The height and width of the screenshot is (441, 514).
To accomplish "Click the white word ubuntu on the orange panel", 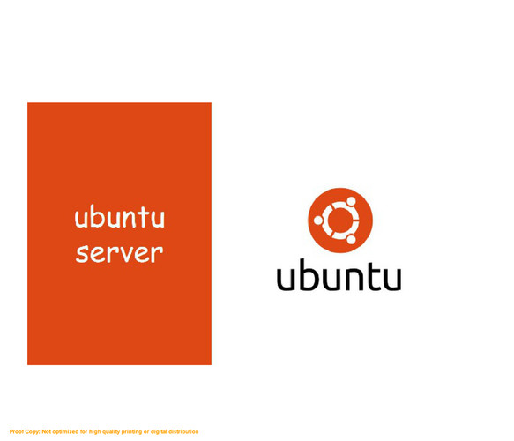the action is pyautogui.click(x=119, y=216).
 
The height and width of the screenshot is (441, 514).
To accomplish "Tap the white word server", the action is pyautogui.click(x=119, y=253).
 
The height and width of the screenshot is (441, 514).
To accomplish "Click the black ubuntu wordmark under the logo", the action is pyautogui.click(x=339, y=275).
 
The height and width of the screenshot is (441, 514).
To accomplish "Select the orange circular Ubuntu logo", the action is pyautogui.click(x=340, y=220).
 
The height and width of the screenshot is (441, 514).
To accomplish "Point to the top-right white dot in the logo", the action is pyautogui.click(x=351, y=201).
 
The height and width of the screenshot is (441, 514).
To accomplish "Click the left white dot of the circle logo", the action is pyautogui.click(x=318, y=220).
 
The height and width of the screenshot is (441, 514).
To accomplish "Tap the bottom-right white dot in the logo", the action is pyautogui.click(x=351, y=239).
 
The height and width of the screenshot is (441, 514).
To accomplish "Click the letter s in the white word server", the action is pyautogui.click(x=81, y=254).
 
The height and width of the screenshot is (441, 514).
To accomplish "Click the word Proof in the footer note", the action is pyautogui.click(x=16, y=431).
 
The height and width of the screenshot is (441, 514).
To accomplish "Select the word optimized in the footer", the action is pyautogui.click(x=65, y=432).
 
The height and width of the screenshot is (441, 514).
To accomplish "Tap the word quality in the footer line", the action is pyautogui.click(x=111, y=432).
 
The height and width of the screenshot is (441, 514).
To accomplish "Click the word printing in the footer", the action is pyautogui.click(x=131, y=432).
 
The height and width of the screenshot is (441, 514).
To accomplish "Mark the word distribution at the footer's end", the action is pyautogui.click(x=183, y=431).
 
